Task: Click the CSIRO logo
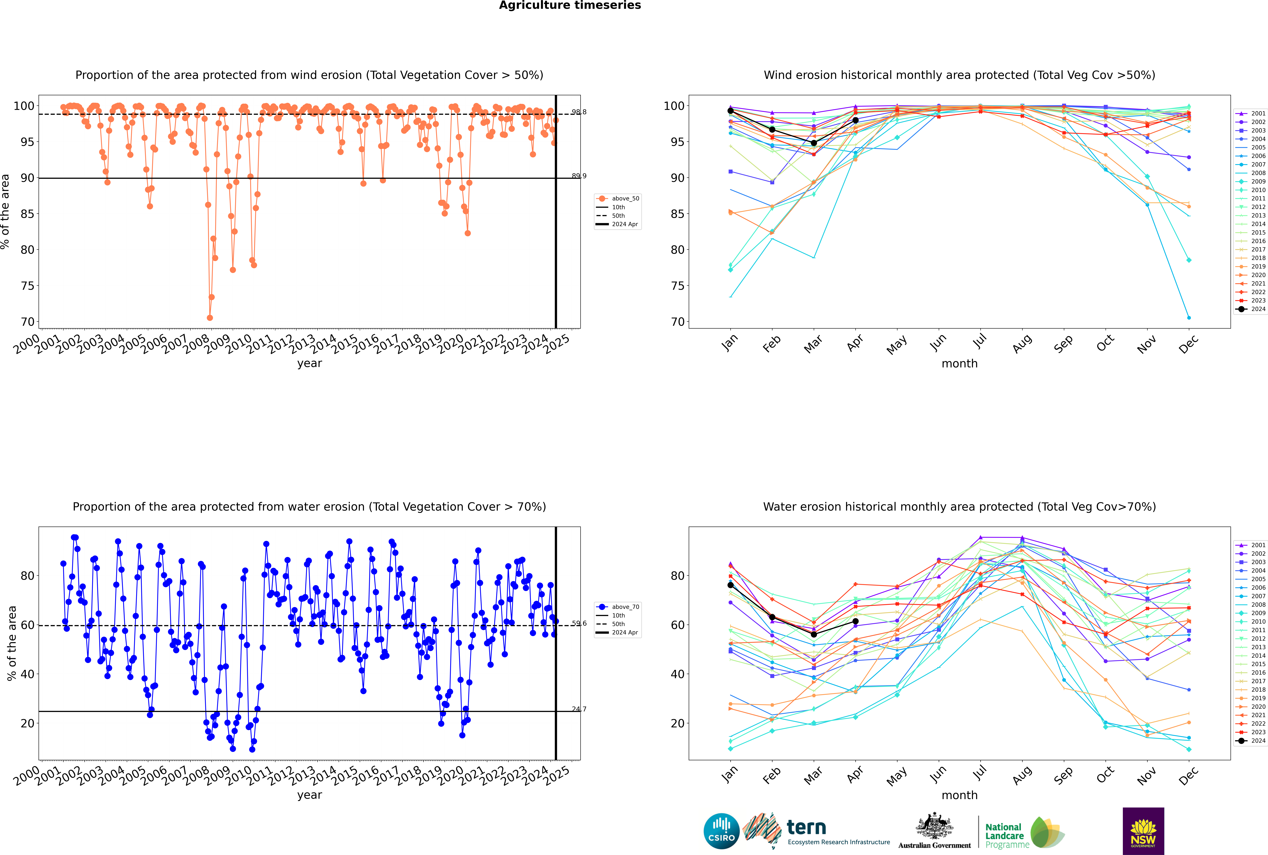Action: click(721, 831)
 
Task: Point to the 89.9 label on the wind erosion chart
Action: click(579, 176)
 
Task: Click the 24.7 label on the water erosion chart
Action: click(579, 709)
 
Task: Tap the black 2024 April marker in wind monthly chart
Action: click(855, 120)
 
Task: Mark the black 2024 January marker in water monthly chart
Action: click(731, 585)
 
